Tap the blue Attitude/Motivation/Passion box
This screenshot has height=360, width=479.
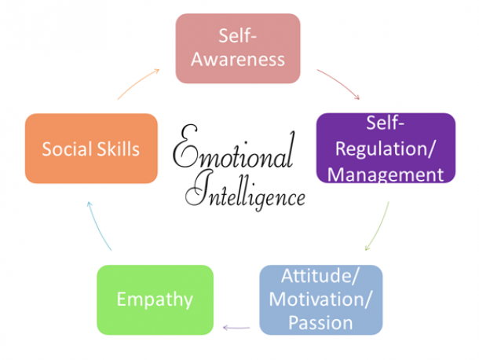point(321,299)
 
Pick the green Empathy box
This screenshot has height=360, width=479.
point(155,299)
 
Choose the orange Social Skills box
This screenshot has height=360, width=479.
point(91,148)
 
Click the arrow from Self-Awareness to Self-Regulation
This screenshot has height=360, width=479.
point(338,84)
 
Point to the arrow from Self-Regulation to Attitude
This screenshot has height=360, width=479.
point(378,225)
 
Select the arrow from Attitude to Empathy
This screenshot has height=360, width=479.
point(237,325)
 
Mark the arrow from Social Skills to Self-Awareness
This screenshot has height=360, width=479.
point(138,83)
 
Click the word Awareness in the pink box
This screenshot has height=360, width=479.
point(237,59)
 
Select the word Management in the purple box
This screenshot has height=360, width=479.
point(385,173)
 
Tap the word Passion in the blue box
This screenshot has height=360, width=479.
point(321,321)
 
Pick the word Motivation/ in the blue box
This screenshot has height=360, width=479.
point(321,299)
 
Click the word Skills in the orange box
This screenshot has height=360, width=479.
point(122,148)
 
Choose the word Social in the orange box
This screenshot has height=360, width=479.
point(65,148)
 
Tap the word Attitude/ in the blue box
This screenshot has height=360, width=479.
point(321,277)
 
